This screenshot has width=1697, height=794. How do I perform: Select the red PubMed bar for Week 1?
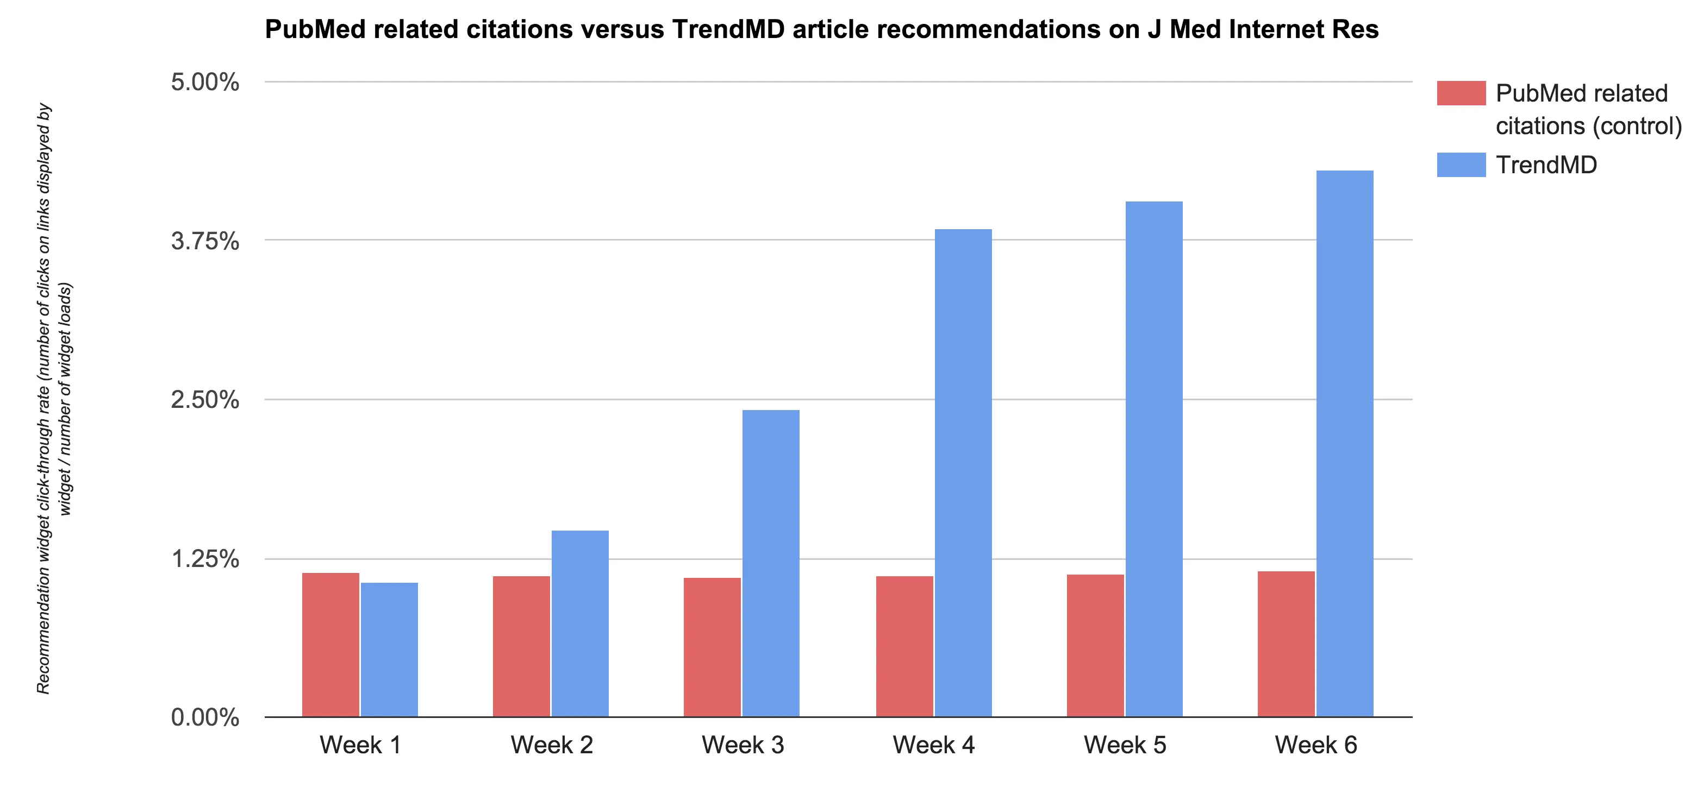[x=330, y=645]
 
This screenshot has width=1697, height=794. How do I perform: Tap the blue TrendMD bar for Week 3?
[x=771, y=563]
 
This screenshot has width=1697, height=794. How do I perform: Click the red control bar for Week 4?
[x=904, y=646]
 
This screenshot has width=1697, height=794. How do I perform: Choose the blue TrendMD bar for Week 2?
[x=580, y=623]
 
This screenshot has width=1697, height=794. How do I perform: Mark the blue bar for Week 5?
[x=1153, y=459]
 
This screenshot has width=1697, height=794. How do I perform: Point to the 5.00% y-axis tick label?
[x=205, y=83]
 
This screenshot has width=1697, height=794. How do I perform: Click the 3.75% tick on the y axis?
[x=205, y=241]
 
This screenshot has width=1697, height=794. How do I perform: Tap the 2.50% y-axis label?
[x=205, y=400]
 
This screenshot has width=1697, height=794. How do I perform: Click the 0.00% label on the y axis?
[x=205, y=717]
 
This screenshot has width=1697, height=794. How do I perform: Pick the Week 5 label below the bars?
[x=1125, y=745]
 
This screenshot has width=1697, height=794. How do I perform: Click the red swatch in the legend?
[x=1461, y=93]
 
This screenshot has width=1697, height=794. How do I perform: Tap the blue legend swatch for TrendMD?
[x=1461, y=165]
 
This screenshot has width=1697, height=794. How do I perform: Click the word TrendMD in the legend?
[x=1546, y=165]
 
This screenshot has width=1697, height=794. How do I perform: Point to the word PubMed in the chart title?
[x=315, y=30]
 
